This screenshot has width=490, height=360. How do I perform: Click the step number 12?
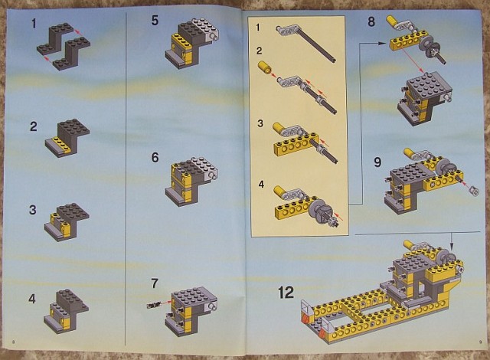coord(286,293)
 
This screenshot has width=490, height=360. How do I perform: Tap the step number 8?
coord(371,22)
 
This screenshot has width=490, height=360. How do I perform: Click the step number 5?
coord(155,21)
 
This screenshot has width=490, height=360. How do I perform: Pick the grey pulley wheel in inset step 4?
coord(318,208)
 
